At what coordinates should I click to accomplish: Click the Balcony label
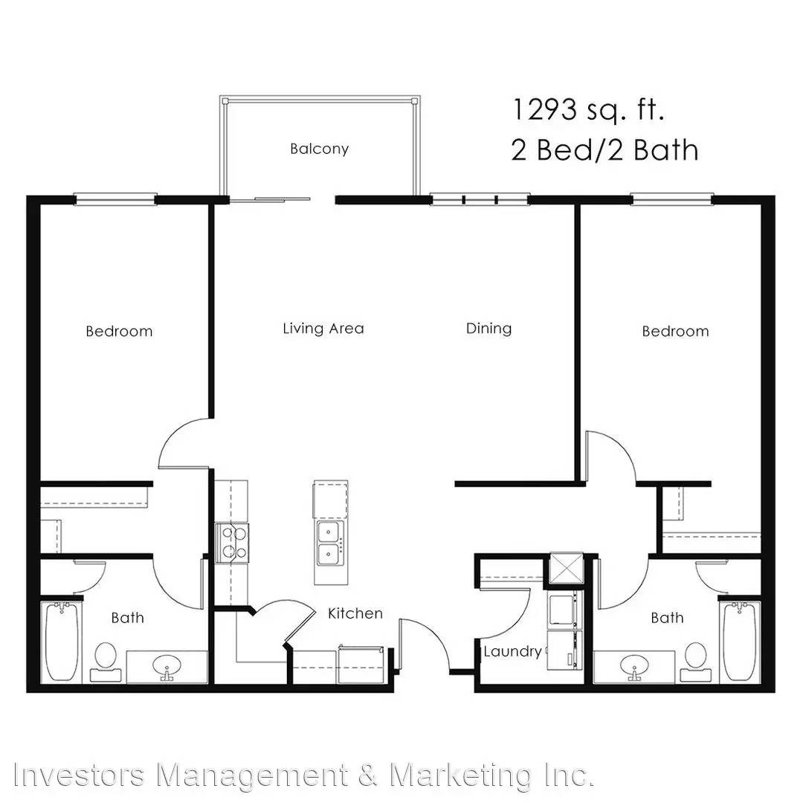(x=319, y=149)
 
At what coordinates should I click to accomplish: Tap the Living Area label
(x=323, y=329)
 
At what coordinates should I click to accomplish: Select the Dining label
(x=488, y=329)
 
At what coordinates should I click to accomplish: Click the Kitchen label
(x=355, y=613)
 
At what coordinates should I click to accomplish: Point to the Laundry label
(x=512, y=651)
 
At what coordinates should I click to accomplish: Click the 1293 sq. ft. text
(x=588, y=110)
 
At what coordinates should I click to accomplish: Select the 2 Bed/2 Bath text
(x=604, y=150)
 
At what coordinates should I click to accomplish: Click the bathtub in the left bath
(x=62, y=642)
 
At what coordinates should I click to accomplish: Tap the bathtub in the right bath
(x=740, y=642)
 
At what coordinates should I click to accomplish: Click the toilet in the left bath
(x=106, y=662)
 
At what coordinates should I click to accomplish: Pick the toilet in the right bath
(x=695, y=662)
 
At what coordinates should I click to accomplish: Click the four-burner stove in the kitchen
(x=232, y=543)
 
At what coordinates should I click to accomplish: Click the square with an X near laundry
(x=566, y=568)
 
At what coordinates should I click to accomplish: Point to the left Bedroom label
(x=119, y=332)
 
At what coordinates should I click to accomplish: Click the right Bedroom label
(x=675, y=332)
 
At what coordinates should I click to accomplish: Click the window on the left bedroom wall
(x=115, y=199)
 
